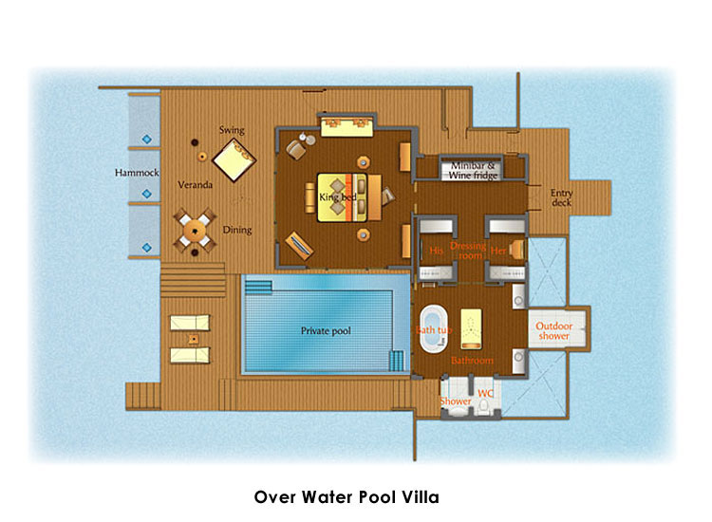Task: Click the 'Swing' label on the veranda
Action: pyautogui.click(x=232, y=130)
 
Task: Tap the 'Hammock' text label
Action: pyautogui.click(x=137, y=173)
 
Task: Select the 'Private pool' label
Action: pyautogui.click(x=326, y=331)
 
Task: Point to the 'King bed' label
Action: pyautogui.click(x=337, y=197)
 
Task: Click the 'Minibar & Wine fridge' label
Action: pyautogui.click(x=473, y=171)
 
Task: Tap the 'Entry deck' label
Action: pyautogui.click(x=562, y=198)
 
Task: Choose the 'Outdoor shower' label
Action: pyautogui.click(x=554, y=331)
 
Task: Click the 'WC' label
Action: pyautogui.click(x=485, y=394)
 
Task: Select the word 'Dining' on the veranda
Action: pyautogui.click(x=237, y=230)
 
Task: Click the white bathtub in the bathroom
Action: pyautogui.click(x=434, y=329)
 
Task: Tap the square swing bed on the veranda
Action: pyautogui.click(x=234, y=160)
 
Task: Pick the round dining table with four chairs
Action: pyautogui.click(x=195, y=231)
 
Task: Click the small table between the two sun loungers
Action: pyautogui.click(x=194, y=339)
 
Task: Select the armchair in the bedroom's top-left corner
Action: pyautogui.click(x=295, y=149)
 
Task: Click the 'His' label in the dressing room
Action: pyautogui.click(x=436, y=251)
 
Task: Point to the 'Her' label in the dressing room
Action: pyautogui.click(x=498, y=251)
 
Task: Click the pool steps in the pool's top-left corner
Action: pyautogui.click(x=258, y=288)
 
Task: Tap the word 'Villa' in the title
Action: pyautogui.click(x=421, y=497)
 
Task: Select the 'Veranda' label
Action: pyautogui.click(x=196, y=185)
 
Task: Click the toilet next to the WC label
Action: pyautogui.click(x=484, y=406)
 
